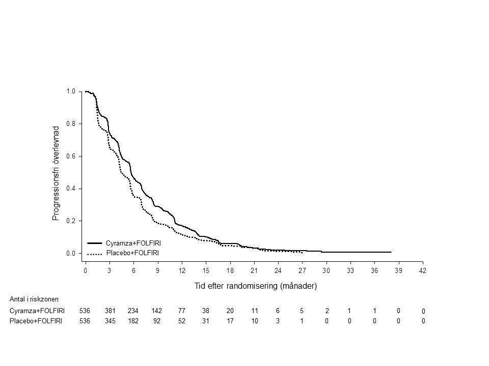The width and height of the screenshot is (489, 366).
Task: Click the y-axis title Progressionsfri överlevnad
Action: [x=57, y=173]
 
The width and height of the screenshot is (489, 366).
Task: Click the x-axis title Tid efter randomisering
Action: [x=256, y=286]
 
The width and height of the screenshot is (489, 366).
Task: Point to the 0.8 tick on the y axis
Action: [x=71, y=124]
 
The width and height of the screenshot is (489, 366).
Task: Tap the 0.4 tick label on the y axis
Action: [x=71, y=189]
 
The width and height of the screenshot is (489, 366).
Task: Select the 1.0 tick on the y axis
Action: [x=71, y=91]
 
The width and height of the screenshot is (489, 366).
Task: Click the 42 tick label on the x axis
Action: [x=422, y=271]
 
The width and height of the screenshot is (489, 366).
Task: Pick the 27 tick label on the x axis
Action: [x=302, y=271]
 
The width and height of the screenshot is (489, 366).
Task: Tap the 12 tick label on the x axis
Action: [x=182, y=271]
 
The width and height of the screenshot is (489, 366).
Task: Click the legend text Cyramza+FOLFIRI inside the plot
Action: [x=133, y=243]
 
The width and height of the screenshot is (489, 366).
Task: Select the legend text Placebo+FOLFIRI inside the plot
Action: [x=132, y=253]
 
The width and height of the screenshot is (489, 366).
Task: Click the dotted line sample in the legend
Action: [x=95, y=253]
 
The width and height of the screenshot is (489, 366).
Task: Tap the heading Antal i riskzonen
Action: [x=34, y=299]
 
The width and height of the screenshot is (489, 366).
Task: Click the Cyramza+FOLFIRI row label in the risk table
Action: [x=37, y=311]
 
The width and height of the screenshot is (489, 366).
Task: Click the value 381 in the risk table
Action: [x=110, y=311]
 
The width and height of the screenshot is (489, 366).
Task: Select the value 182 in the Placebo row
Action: [x=133, y=321]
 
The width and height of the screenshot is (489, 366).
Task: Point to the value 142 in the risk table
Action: [x=157, y=311]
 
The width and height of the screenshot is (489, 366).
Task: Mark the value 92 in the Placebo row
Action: [x=157, y=321]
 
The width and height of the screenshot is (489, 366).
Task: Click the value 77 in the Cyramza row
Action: [x=182, y=311]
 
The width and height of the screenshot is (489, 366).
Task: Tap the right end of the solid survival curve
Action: [x=391, y=252]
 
